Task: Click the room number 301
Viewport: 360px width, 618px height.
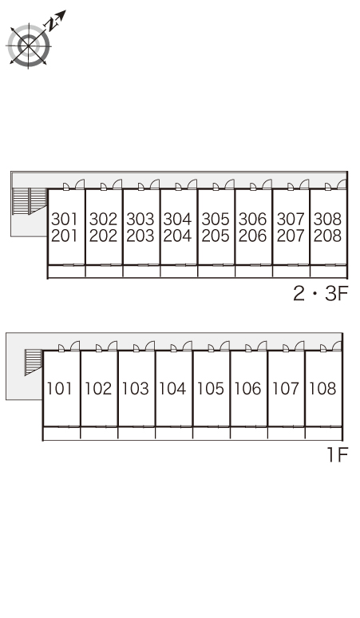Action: click(65, 219)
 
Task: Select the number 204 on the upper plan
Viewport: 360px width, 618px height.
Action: click(178, 236)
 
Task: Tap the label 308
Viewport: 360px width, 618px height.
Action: click(328, 219)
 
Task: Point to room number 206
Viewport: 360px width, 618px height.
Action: click(252, 236)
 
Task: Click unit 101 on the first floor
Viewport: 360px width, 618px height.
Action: click(60, 389)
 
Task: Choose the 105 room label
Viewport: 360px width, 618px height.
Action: click(210, 389)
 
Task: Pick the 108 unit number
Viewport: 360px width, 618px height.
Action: click(323, 389)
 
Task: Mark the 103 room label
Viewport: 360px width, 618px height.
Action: click(136, 389)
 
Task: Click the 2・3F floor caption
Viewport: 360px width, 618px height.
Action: click(321, 294)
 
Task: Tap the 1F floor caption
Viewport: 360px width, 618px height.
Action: click(338, 455)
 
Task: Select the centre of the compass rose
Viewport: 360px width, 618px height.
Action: click(29, 46)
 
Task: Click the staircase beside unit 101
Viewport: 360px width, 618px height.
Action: click(34, 362)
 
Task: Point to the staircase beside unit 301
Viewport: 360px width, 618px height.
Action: click(30, 201)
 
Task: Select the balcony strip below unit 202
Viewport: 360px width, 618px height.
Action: click(104, 271)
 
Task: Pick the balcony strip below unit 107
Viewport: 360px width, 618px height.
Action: click(287, 434)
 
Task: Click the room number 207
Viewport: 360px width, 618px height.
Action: click(291, 236)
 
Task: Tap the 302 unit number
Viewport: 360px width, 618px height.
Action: click(103, 219)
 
